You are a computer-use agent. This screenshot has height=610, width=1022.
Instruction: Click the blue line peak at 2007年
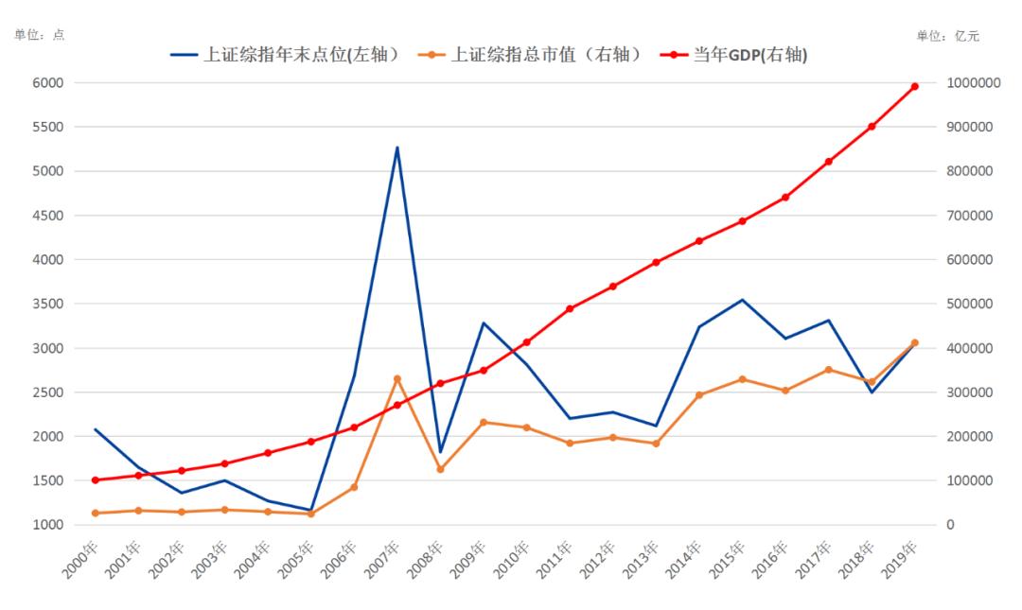[397, 148]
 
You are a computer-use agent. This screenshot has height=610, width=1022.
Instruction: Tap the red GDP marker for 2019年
[914, 86]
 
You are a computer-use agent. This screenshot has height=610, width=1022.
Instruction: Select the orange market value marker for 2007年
[397, 378]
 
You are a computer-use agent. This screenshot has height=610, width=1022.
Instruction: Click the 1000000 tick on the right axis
[974, 83]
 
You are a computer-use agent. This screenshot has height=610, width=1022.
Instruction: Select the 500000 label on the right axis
[970, 304]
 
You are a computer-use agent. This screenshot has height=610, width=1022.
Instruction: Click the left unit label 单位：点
[39, 35]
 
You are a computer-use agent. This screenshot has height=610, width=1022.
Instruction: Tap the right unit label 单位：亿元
[947, 36]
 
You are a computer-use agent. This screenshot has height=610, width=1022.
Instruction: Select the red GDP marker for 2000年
[95, 480]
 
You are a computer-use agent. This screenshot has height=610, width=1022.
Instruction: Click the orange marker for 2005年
[310, 514]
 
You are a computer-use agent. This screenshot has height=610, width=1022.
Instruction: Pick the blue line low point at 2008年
[440, 452]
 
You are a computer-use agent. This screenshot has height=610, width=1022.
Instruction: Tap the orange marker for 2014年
[699, 395]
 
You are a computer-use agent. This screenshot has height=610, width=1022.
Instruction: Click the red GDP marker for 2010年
[527, 342]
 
